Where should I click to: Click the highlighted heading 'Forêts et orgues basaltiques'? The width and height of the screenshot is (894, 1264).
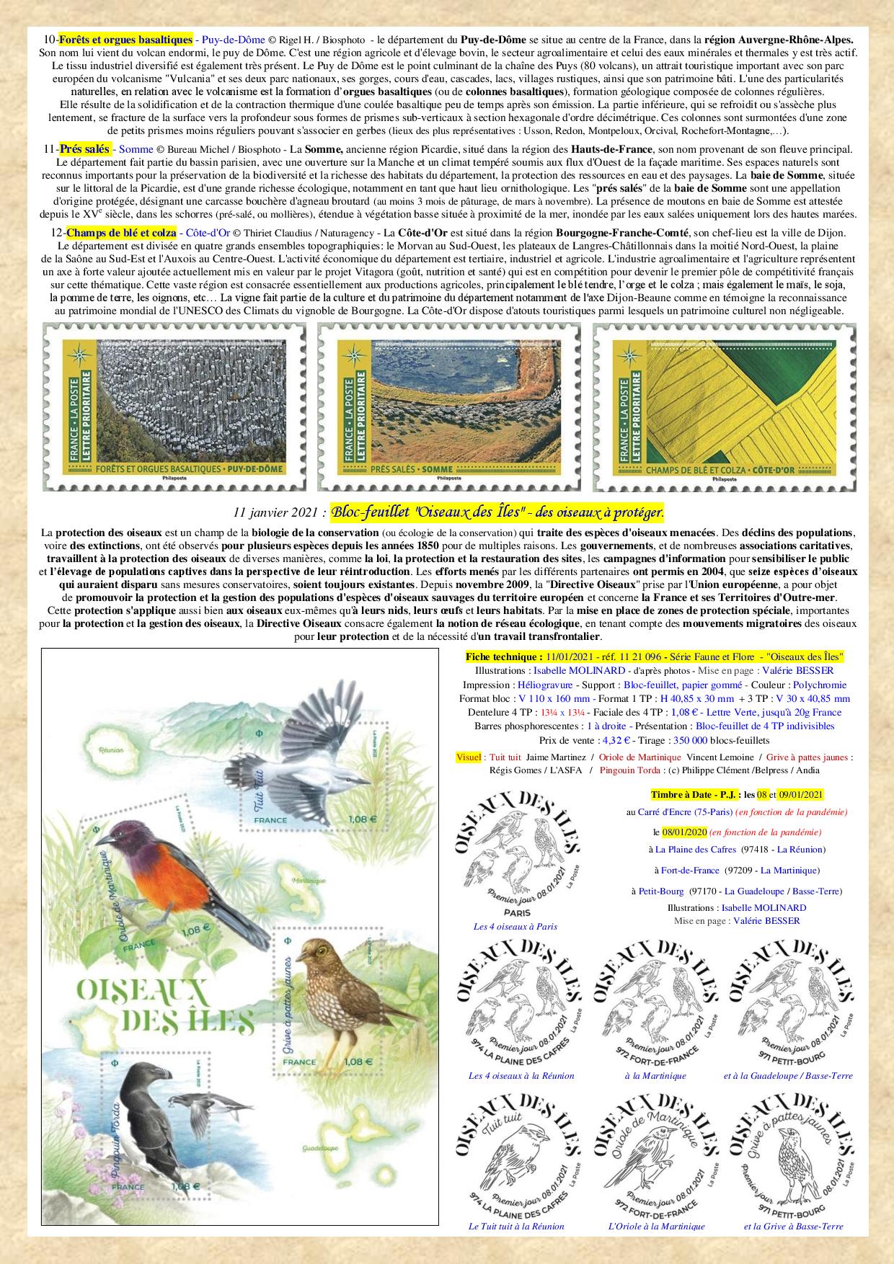pyautogui.click(x=125, y=40)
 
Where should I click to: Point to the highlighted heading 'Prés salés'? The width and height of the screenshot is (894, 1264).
pyautogui.click(x=85, y=149)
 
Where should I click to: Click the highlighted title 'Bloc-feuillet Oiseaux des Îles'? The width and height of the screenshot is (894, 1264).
pyautogui.click(x=497, y=512)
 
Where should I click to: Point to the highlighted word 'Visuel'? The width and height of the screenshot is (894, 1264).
pyautogui.click(x=469, y=757)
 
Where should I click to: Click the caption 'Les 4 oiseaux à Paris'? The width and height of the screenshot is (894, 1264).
pyautogui.click(x=515, y=926)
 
